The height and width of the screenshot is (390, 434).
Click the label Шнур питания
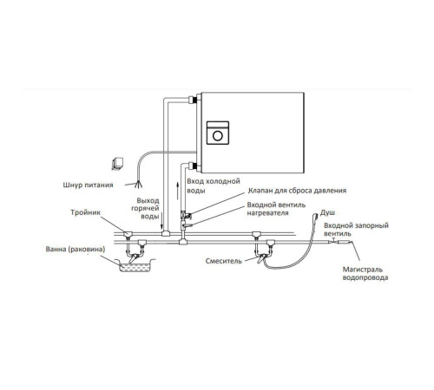tap(88, 185)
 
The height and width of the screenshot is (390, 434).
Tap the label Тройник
tap(85, 212)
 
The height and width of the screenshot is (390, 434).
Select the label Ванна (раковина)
tap(76, 249)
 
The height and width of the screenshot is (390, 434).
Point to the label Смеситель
tap(223, 261)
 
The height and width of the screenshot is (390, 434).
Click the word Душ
tap(327, 213)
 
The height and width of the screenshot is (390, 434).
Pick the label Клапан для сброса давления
tap(297, 191)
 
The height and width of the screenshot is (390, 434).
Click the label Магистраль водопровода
tap(365, 274)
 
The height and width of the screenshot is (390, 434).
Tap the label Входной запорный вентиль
tap(356, 230)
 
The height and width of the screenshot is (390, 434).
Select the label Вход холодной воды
tap(214, 185)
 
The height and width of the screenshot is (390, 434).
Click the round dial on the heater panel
tap(218, 135)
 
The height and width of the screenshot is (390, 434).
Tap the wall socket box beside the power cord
tap(117, 164)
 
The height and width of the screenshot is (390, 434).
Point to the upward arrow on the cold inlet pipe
tap(178, 191)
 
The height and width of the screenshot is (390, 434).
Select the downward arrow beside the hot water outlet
tap(161, 219)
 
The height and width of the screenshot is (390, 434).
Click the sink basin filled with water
tap(135, 266)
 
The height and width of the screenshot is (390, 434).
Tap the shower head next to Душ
tap(315, 217)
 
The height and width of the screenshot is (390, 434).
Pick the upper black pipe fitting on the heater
tap(194, 100)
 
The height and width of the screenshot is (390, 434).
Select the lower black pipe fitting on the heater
tap(194, 166)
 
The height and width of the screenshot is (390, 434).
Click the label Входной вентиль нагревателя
tap(276, 209)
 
